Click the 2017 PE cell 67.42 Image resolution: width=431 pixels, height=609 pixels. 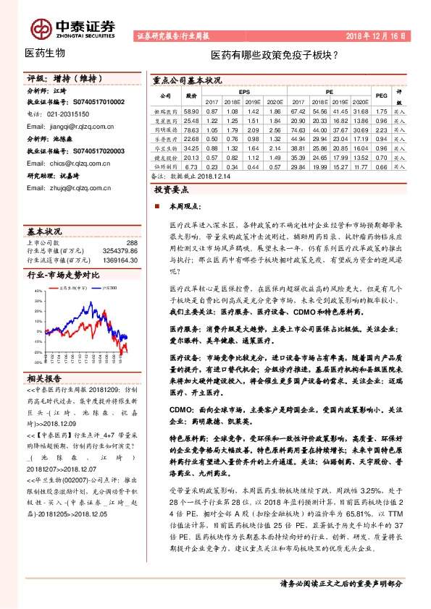pos(297,111)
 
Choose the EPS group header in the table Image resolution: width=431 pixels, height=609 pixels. pos(243,93)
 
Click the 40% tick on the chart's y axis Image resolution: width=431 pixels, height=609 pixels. pos(36,291)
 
